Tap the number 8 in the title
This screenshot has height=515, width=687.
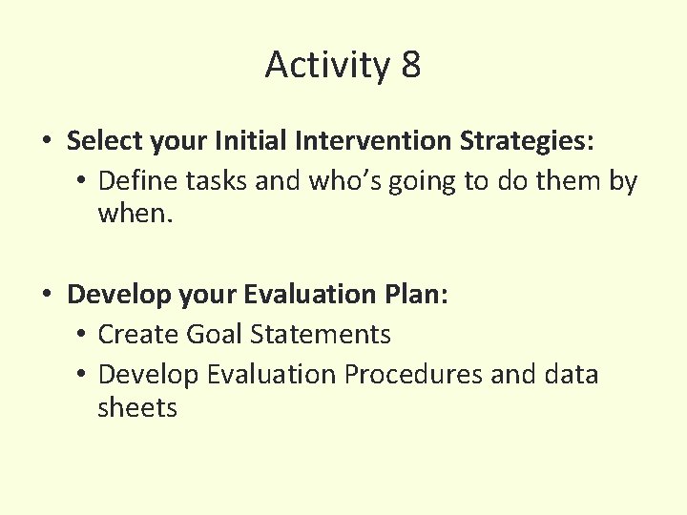point(410,66)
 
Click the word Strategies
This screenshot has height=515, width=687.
point(527,141)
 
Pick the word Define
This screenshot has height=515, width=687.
point(133,180)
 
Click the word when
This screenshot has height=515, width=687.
point(135,215)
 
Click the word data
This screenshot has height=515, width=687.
point(569,374)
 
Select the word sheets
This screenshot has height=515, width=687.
point(137,408)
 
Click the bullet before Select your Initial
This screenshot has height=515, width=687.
point(47,142)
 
